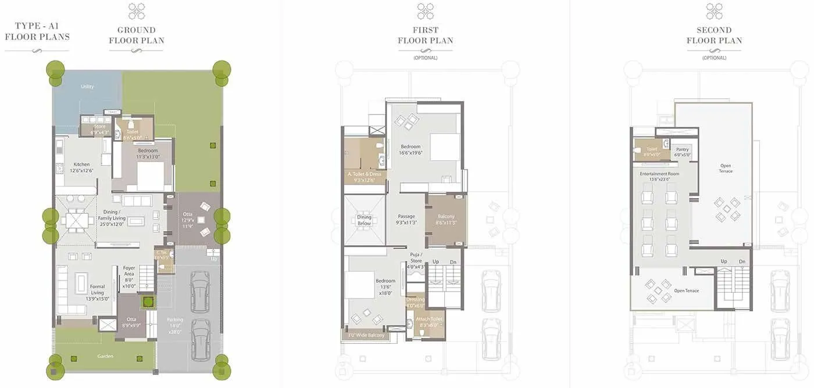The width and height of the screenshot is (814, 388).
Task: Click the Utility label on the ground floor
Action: [87, 87]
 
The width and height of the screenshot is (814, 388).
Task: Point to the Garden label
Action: [105, 356]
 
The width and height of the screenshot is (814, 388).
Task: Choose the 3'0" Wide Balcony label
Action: [366, 335]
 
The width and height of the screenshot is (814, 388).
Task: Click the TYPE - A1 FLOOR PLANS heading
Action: [37, 31]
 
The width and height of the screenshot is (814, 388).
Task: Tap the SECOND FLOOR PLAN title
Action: [714, 35]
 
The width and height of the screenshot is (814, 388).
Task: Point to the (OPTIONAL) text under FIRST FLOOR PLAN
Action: [425, 58]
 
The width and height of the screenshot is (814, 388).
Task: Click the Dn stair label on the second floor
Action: [742, 261]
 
